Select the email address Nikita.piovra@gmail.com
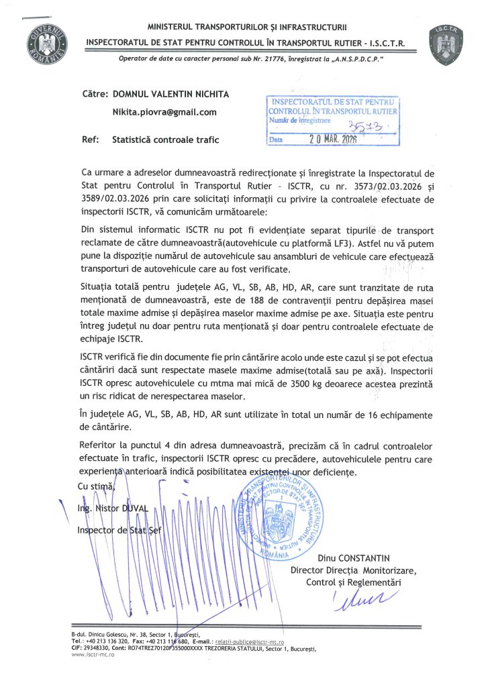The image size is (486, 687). [x=164, y=112]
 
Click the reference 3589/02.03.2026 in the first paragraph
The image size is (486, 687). [x=116, y=200]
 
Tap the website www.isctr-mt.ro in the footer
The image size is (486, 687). [x=93, y=654]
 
